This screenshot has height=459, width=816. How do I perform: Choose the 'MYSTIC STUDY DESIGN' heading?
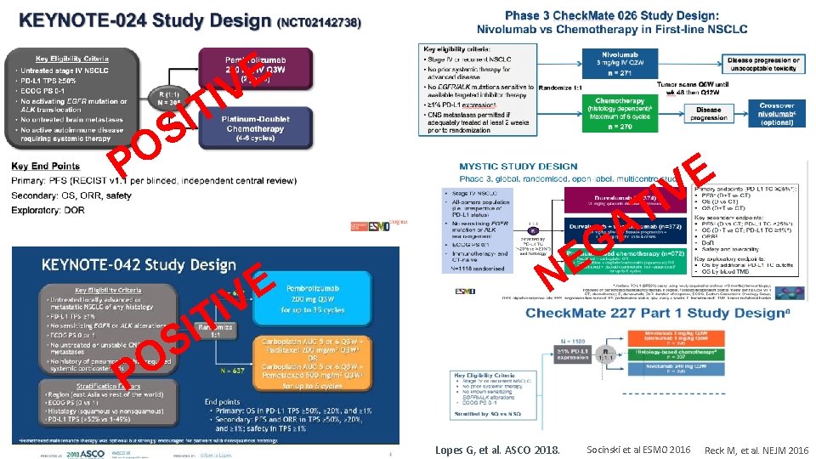tap(518, 167)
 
